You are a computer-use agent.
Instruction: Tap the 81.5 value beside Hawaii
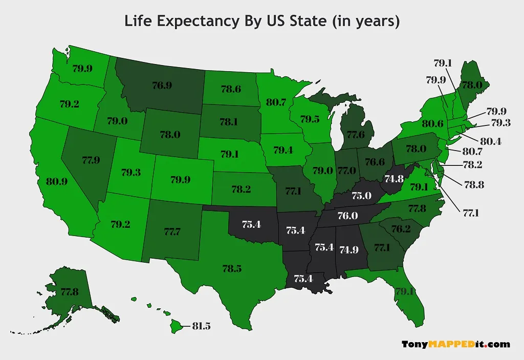tap(201, 326)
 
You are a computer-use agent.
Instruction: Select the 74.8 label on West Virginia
tap(394, 179)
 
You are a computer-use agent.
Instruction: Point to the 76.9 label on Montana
tap(162, 86)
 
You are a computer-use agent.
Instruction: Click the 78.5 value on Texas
tap(232, 268)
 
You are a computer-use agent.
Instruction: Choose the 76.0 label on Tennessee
tap(347, 216)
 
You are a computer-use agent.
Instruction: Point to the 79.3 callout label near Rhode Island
tap(501, 123)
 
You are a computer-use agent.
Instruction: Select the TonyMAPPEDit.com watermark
tap(455, 344)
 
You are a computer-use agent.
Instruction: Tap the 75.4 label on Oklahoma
tap(251, 224)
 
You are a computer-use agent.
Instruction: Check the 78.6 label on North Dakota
tap(231, 89)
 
